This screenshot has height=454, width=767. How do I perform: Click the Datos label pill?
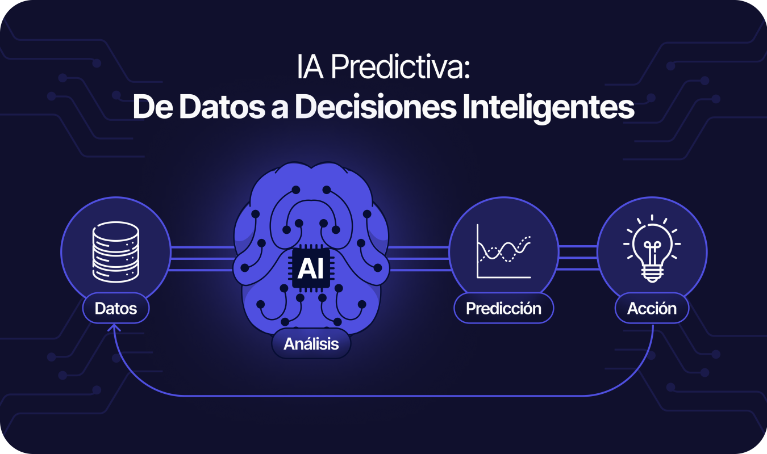pyautogui.click(x=116, y=308)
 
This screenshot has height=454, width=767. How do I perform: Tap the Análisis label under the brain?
pyautogui.click(x=311, y=344)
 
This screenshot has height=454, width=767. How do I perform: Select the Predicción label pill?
pyautogui.click(x=504, y=308)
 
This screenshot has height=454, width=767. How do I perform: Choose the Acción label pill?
pyautogui.click(x=652, y=308)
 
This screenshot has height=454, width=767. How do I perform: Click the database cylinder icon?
pyautogui.click(x=116, y=252)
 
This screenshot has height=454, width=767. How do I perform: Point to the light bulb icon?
pyautogui.click(x=652, y=249)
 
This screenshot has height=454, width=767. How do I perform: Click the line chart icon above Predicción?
pyautogui.click(x=504, y=251)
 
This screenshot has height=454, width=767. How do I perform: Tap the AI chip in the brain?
pyautogui.click(x=311, y=268)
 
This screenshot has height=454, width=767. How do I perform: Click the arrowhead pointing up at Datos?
pyautogui.click(x=114, y=328)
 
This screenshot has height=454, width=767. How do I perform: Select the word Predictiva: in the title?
pyautogui.click(x=401, y=67)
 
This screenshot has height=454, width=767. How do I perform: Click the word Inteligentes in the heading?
pyautogui.click(x=548, y=107)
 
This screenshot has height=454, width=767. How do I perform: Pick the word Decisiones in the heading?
pyautogui.click(x=376, y=107)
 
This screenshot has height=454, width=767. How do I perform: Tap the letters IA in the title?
pyautogui.click(x=310, y=67)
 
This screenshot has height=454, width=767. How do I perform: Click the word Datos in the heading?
pyautogui.click(x=222, y=107)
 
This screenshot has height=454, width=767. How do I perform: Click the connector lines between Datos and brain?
pyautogui.click(x=202, y=258)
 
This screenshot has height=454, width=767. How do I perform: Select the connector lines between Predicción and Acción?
pyautogui.click(x=578, y=258)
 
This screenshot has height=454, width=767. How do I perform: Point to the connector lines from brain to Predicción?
pyautogui.click(x=419, y=258)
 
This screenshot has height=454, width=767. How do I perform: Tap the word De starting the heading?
pyautogui.click(x=153, y=107)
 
